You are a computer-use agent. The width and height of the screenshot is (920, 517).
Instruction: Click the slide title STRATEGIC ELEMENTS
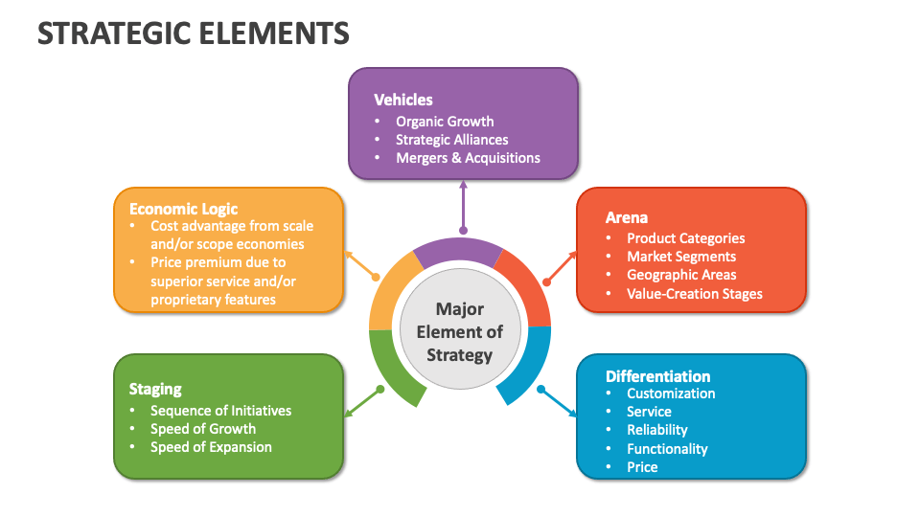pos(193,34)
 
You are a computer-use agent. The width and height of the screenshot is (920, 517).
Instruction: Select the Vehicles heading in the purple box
pos(402,100)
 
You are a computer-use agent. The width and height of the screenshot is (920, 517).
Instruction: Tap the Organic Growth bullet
pos(445,122)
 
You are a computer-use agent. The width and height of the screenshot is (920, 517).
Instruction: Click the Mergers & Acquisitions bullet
pos(468,158)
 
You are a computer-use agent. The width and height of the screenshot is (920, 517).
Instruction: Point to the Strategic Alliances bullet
pos(451,140)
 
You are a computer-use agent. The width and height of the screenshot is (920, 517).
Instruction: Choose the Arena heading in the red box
pos(627,217)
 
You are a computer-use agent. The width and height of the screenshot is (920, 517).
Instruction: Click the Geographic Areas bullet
pos(681,275)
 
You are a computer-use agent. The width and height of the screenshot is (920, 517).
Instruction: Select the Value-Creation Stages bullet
pos(694,294)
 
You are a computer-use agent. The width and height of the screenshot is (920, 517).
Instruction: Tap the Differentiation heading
pos(657,376)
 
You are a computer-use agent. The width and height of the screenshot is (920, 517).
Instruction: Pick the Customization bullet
pos(671,393)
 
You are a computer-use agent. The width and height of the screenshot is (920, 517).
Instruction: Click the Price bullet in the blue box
pos(642,467)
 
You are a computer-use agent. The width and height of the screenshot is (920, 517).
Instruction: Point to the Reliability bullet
pos(656,430)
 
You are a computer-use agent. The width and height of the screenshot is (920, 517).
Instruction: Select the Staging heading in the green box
pos(155,389)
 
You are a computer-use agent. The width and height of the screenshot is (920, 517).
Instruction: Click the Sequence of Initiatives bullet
pos(220,411)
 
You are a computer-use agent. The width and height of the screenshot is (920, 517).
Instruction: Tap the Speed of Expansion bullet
pos(211,447)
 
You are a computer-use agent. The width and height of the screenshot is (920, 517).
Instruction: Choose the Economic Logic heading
pos(183,209)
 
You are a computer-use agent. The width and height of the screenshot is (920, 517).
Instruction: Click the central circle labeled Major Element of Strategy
pos(460,332)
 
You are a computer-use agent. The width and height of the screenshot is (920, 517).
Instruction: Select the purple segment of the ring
pos(458,251)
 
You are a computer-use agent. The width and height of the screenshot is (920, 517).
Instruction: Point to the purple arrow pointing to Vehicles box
pos(463,206)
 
